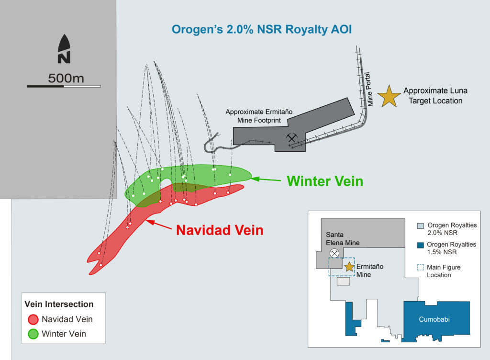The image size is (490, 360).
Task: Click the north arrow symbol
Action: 64,49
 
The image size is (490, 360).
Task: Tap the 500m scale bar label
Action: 66,79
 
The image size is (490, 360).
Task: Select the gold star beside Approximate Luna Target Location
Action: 389,96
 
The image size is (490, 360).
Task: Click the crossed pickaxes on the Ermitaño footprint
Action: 291,138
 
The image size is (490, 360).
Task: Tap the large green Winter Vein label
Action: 325,181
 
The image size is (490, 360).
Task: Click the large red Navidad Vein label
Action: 220,230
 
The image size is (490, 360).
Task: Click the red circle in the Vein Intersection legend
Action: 33,319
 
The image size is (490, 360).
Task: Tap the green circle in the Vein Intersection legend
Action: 33,334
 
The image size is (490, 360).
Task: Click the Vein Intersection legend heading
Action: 59,304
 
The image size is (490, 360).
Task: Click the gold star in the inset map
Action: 349,267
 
